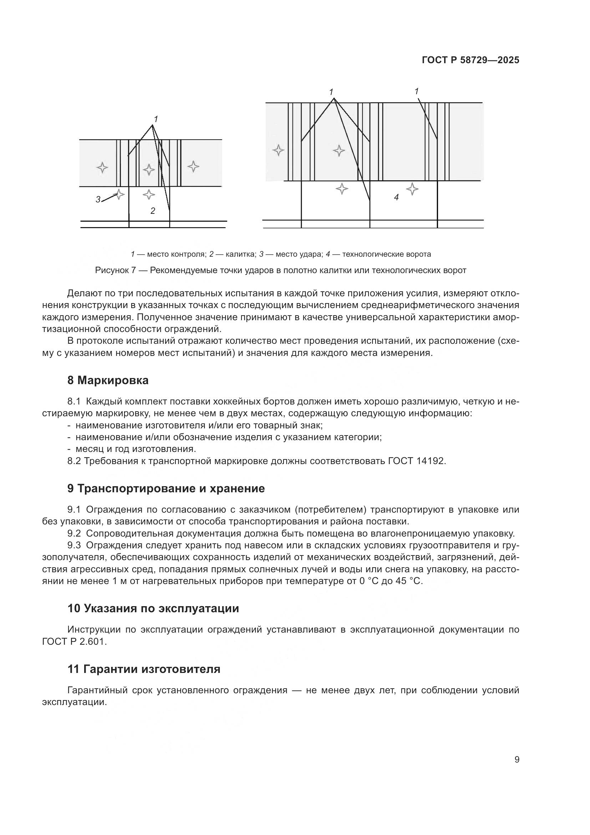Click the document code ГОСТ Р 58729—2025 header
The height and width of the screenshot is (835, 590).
tap(471, 60)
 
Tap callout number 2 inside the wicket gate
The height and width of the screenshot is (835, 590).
tap(153, 211)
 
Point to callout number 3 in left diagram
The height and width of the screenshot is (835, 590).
tap(98, 199)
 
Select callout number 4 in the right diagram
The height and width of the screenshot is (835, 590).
tap(396, 197)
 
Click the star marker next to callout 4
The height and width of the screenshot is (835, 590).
tap(412, 189)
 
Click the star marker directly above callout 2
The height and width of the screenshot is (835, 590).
tap(149, 195)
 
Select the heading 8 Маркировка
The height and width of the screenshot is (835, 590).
tap(108, 381)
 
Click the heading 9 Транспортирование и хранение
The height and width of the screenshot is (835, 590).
tap(166, 488)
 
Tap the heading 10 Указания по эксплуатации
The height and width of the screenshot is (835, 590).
tap(153, 608)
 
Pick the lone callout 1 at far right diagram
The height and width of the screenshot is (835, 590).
tap(417, 91)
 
